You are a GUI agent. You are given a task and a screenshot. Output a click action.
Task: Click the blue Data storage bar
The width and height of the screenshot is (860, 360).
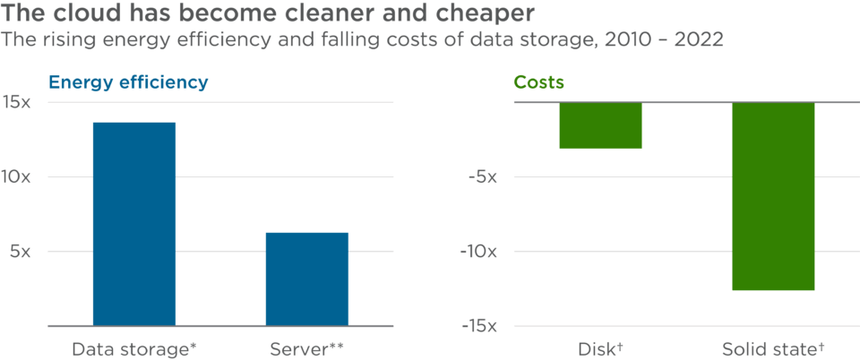[134, 223]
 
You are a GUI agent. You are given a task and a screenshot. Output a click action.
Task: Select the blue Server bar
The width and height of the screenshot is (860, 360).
[307, 279]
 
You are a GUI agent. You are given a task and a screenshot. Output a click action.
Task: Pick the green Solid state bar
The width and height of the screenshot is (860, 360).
[773, 197]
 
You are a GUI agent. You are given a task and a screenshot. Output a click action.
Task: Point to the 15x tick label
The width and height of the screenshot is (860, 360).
[17, 102]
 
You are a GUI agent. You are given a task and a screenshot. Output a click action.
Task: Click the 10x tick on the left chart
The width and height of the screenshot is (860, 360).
[17, 176]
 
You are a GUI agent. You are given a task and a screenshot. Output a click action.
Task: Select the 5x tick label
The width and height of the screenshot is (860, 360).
[21, 252]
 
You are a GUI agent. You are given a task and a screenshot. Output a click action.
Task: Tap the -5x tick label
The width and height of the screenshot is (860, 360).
[482, 176]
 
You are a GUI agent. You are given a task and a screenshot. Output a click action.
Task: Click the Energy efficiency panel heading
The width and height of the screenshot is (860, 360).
[128, 82]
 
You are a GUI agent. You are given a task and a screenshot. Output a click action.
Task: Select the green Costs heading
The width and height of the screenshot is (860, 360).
[538, 82]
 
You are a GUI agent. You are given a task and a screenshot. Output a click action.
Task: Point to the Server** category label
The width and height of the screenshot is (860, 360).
[307, 348]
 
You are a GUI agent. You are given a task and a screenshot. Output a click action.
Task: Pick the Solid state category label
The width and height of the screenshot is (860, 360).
[773, 348]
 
